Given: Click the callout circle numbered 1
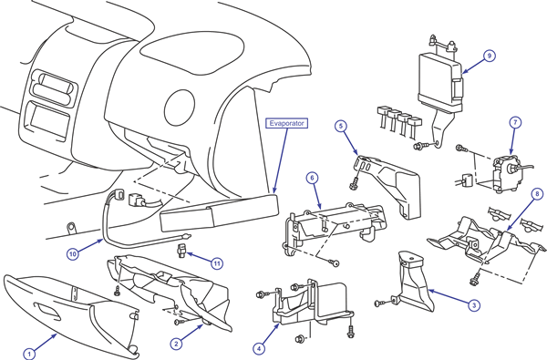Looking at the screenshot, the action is pos(29,354).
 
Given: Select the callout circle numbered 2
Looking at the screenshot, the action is pos(176,344).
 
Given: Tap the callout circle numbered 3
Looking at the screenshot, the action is pos(474,305).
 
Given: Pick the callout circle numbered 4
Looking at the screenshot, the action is pos(259,348).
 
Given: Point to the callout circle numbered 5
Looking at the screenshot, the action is pos(341,126).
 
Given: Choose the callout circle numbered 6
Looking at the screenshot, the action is pos(312,178).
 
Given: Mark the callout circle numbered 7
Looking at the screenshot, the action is pos(515,122).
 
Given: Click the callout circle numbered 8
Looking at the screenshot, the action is pos(537,193).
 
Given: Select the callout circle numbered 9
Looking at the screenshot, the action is pos(490,56).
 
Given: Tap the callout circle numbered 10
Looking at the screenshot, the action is pos(73,254).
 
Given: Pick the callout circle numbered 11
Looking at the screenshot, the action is pos(217,263).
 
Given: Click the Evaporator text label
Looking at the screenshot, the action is pos(287,123).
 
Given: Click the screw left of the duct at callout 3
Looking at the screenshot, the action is pos(380,303).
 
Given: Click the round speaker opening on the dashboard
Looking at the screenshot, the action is pos(180,108).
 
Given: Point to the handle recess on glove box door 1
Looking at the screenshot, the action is pos(47,311).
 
